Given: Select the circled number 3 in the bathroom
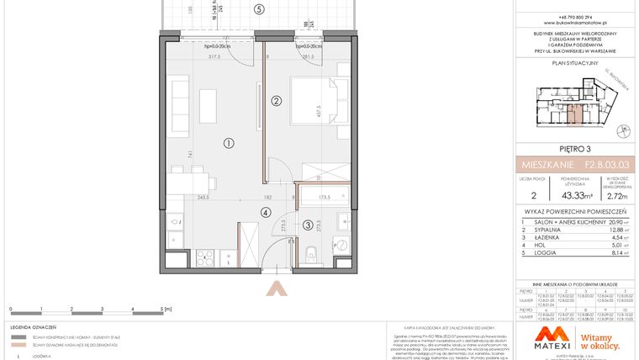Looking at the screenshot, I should point(308,225).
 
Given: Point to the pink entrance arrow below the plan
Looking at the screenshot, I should point(274,289).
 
